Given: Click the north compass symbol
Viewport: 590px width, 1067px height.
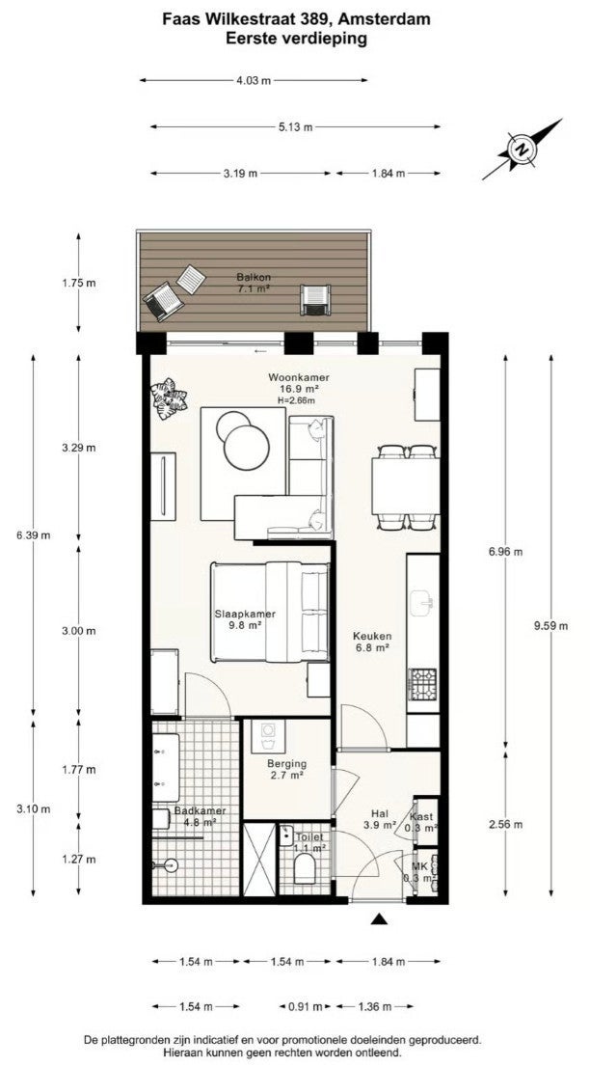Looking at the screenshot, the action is [522, 150].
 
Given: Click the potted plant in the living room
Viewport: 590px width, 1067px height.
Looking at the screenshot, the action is [169, 399].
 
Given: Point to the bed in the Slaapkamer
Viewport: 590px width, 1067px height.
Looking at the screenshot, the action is [270, 612].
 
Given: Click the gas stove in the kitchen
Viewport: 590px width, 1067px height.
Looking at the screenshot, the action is [422, 685].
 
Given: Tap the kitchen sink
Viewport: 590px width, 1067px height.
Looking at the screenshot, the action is [423, 600].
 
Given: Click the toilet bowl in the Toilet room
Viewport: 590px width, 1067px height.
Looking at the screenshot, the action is [306, 868].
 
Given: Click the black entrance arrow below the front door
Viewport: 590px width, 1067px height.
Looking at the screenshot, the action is [379, 919].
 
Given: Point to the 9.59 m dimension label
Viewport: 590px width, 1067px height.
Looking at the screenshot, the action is [550, 627].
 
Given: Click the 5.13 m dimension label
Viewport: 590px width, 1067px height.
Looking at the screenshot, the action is [295, 126].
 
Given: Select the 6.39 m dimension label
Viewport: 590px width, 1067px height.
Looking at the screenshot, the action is [34, 534].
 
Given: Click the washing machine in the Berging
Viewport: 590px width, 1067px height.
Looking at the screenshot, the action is [268, 736].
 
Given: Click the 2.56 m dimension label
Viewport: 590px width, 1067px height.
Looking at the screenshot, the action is [506, 825].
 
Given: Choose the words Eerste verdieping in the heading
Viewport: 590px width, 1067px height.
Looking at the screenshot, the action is [296, 39].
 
